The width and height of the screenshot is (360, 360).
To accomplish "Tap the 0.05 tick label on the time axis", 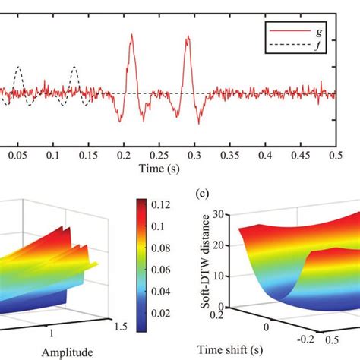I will (x=17, y=154).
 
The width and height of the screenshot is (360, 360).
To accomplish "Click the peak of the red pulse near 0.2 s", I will (x=131, y=36).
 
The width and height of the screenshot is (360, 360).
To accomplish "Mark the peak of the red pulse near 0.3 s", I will (x=187, y=38).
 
